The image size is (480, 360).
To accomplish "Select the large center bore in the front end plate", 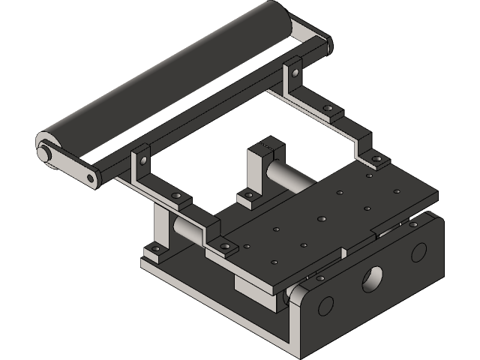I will pos(372,279).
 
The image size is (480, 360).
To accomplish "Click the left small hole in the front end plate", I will pos(325,305).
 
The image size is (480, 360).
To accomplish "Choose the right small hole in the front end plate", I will pos(418,252).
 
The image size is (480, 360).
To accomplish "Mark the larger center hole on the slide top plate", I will pos(321,220).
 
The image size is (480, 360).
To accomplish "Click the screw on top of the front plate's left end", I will pos(320,278).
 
